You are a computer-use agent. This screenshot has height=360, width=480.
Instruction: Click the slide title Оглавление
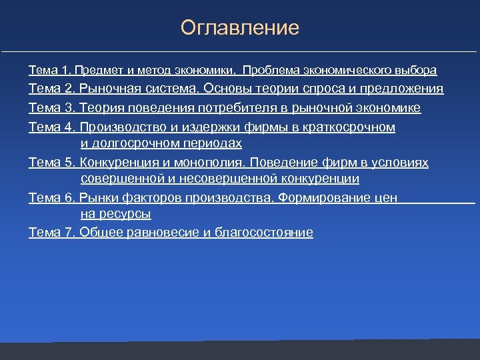coord(240,28)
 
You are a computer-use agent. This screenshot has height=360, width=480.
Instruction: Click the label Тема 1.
coord(51,70)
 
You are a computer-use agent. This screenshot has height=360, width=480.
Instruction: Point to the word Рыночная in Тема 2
coord(107,89)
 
